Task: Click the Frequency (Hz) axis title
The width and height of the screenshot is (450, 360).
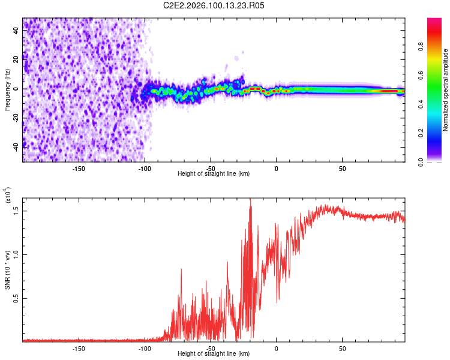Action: point(7,90)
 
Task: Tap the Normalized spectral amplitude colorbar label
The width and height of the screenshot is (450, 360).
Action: point(446,90)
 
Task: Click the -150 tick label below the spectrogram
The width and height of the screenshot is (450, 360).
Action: point(79,169)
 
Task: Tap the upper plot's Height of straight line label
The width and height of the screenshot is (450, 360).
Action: point(214,174)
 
